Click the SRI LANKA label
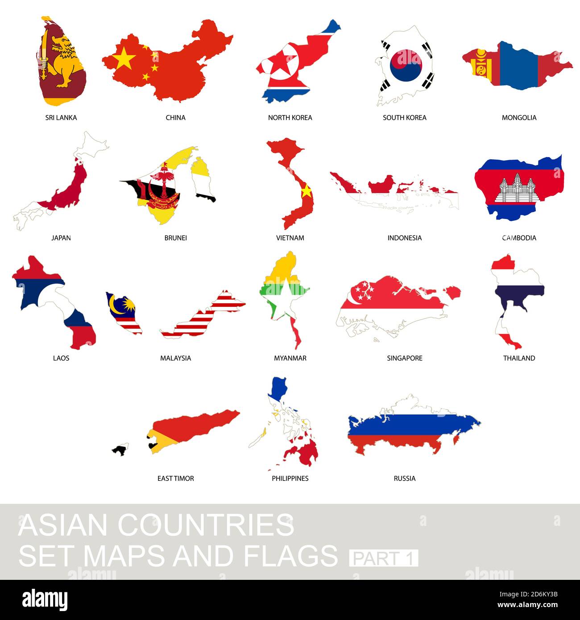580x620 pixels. click(x=61, y=118)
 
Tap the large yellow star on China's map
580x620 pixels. click(x=124, y=58)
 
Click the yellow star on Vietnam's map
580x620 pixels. click(x=306, y=191)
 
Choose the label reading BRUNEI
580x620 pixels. click(x=175, y=238)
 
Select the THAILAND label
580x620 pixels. click(x=519, y=358)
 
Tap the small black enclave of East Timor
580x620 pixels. click(x=120, y=450)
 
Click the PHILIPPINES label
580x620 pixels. click(x=290, y=479)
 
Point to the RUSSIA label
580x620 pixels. click(x=404, y=479)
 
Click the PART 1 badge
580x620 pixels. click(x=384, y=558)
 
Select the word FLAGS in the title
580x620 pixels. click(x=290, y=556)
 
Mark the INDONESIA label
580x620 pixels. click(x=404, y=238)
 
